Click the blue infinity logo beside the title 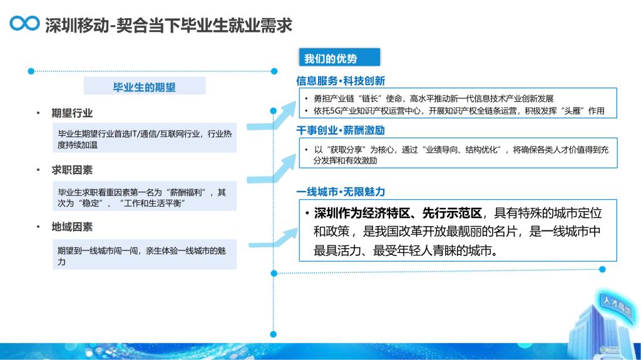(x=24, y=23)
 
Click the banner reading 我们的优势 (x=339, y=58)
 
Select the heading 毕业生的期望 (x=145, y=87)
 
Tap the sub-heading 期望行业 (x=72, y=113)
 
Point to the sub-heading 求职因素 (x=72, y=170)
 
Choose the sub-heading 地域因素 (x=72, y=227)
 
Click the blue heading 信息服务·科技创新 (x=341, y=81)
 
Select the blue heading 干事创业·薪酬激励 (x=341, y=130)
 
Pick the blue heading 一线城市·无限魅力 (x=341, y=192)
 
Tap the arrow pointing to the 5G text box (x=271, y=117)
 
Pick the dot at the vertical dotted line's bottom (x=274, y=334)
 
